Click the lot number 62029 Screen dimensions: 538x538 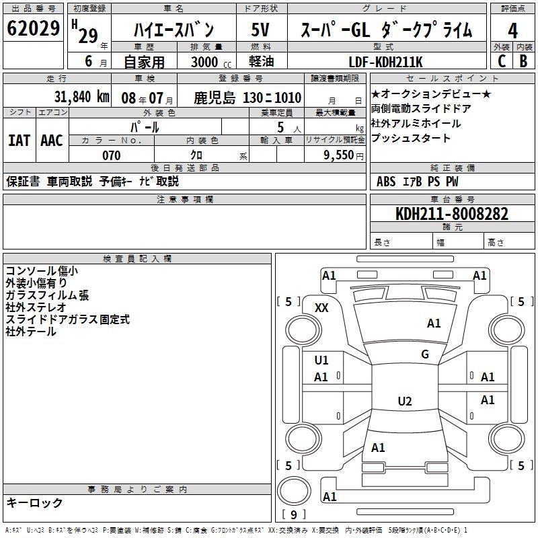coord(34,29)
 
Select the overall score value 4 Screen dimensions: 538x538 coord(512,30)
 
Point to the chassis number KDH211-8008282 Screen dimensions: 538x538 coord(452,214)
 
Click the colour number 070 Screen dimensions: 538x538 coord(111,155)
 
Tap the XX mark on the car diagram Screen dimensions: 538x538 coord(322,307)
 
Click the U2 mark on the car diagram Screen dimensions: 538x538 coord(404,401)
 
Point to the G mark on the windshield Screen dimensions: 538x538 coord(425,354)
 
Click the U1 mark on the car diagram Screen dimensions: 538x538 coord(321,360)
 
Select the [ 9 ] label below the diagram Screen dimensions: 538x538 coord(293,515)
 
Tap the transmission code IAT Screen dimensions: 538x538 coord(20,140)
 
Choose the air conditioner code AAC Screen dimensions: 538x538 coord(51,140)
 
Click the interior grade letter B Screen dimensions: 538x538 coord(523,61)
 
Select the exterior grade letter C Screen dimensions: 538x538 coord(501,61)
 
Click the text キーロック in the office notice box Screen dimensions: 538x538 coord(34,502)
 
